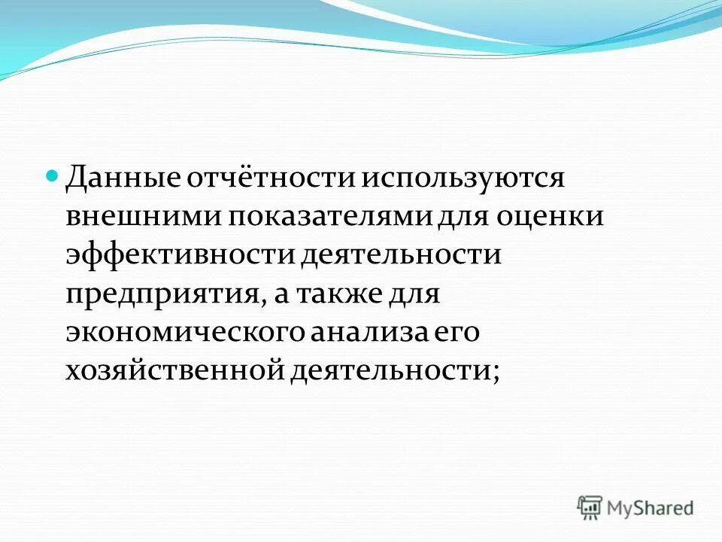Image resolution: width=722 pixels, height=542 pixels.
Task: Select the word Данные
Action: tap(120, 178)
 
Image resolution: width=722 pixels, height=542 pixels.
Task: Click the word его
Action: tap(453, 332)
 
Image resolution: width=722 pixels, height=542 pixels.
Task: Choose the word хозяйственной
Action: tap(172, 370)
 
